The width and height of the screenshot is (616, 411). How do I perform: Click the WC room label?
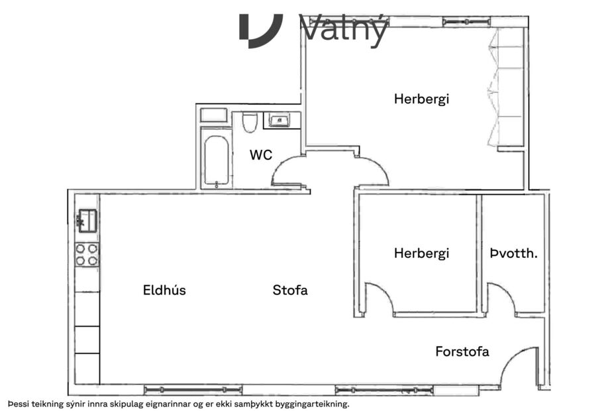tap(260, 155)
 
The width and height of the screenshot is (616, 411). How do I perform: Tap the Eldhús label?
tap(164, 290)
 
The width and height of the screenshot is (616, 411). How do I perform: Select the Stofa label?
tap(290, 290)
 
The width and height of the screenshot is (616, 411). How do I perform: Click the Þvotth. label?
tap(513, 253)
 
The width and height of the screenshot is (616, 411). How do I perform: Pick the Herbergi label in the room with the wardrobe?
tap(421, 99)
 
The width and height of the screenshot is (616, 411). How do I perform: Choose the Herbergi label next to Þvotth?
tap(421, 253)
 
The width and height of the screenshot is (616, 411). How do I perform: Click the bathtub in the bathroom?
tap(216, 161)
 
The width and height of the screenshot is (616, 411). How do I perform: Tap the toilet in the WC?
tap(250, 122)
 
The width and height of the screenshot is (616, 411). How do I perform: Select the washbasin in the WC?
tap(280, 121)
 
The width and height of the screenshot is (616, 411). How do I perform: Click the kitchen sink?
tap(87, 219)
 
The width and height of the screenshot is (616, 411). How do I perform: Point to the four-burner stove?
tap(87, 255)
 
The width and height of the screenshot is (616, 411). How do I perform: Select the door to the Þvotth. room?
tap(501, 298)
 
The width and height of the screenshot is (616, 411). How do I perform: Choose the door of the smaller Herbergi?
tap(380, 298)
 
